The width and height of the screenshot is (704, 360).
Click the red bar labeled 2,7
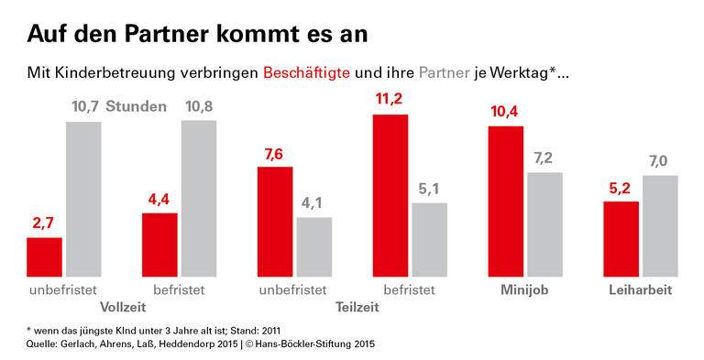coord(44,256)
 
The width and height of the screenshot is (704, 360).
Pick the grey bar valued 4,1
coord(314,246)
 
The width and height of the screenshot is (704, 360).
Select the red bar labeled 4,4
coord(159,245)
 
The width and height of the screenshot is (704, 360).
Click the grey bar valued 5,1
coord(429,239)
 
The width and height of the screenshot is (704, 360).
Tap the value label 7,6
coord(275,153)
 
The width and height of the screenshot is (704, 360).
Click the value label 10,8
coord(199,107)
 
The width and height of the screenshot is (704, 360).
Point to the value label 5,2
coord(621,188)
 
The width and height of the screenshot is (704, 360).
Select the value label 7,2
coord(544,158)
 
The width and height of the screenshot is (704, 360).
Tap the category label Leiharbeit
coord(641,290)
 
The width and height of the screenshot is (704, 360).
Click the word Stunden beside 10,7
coord(136,107)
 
